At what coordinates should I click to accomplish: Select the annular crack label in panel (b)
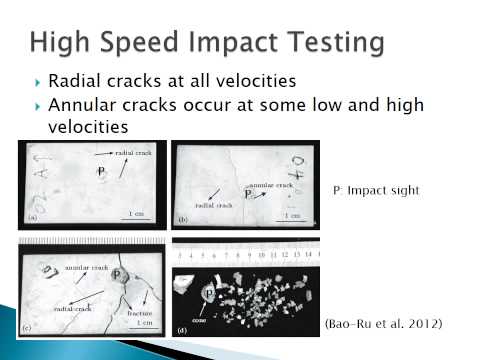(x=271, y=185)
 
